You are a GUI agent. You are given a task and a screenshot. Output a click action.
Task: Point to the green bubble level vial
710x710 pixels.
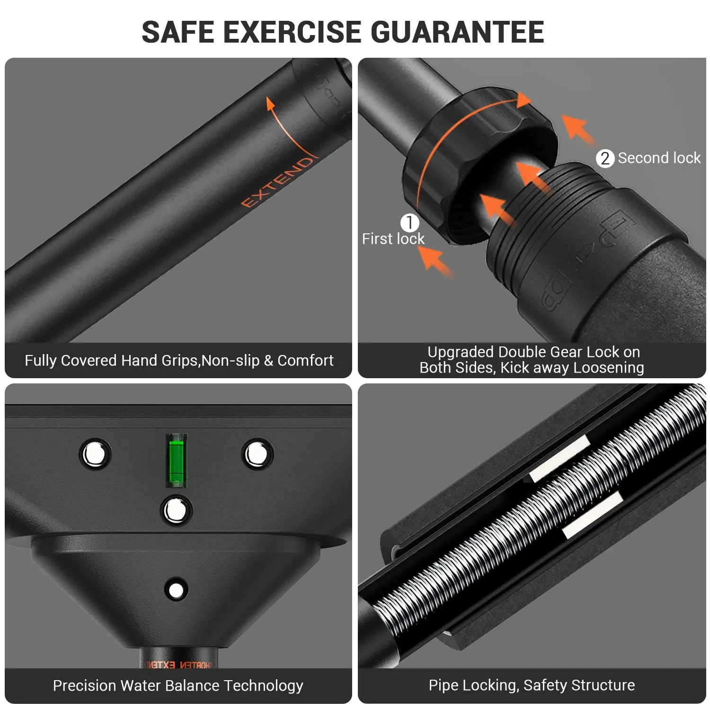(176, 460)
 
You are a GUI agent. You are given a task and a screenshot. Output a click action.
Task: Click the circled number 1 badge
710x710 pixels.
(409, 222)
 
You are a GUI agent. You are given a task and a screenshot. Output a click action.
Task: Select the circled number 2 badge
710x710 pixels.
(605, 158)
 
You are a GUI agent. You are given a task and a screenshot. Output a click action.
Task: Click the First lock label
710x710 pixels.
(393, 239)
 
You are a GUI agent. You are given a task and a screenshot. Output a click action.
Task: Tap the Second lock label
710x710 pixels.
(659, 158)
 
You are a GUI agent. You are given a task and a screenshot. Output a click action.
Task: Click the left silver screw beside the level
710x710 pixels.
(95, 454)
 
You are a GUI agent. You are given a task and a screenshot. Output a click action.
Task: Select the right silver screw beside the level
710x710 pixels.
(257, 454)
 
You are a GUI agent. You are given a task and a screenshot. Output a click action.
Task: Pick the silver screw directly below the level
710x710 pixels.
(176, 510)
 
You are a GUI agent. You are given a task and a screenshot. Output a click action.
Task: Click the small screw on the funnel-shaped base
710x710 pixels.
(176, 590)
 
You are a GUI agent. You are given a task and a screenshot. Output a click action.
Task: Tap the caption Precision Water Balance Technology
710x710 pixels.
(178, 685)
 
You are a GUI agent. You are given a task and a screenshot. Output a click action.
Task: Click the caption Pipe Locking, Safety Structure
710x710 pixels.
(532, 685)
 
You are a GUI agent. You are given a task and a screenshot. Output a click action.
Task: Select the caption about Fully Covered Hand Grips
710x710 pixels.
(179, 361)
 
